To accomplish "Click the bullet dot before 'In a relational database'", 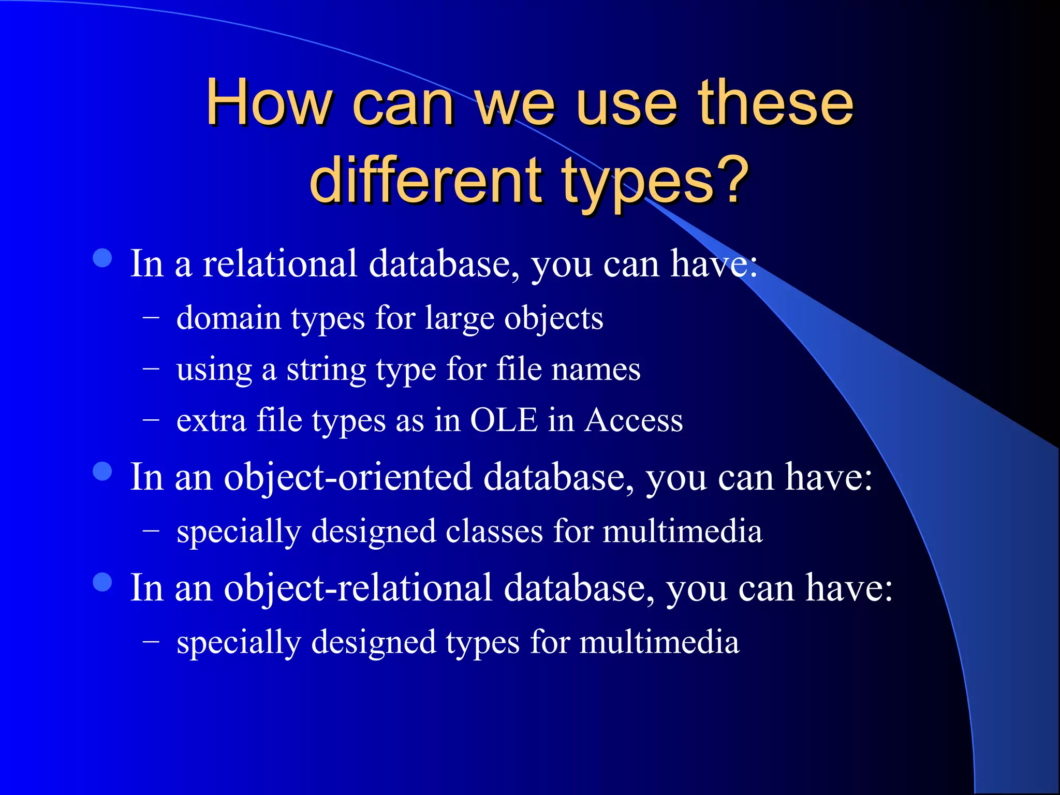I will click(x=102, y=258).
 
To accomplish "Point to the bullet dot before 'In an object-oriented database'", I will click(x=102, y=472).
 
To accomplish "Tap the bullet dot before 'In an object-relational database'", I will click(x=102, y=582).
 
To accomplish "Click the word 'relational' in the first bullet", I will click(x=279, y=263).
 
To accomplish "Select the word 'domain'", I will click(x=229, y=318).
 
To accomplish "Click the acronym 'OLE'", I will click(x=504, y=420).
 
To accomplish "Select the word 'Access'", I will click(x=634, y=420).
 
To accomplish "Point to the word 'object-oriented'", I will click(x=348, y=477).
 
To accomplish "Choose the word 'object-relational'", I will click(x=358, y=588).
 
